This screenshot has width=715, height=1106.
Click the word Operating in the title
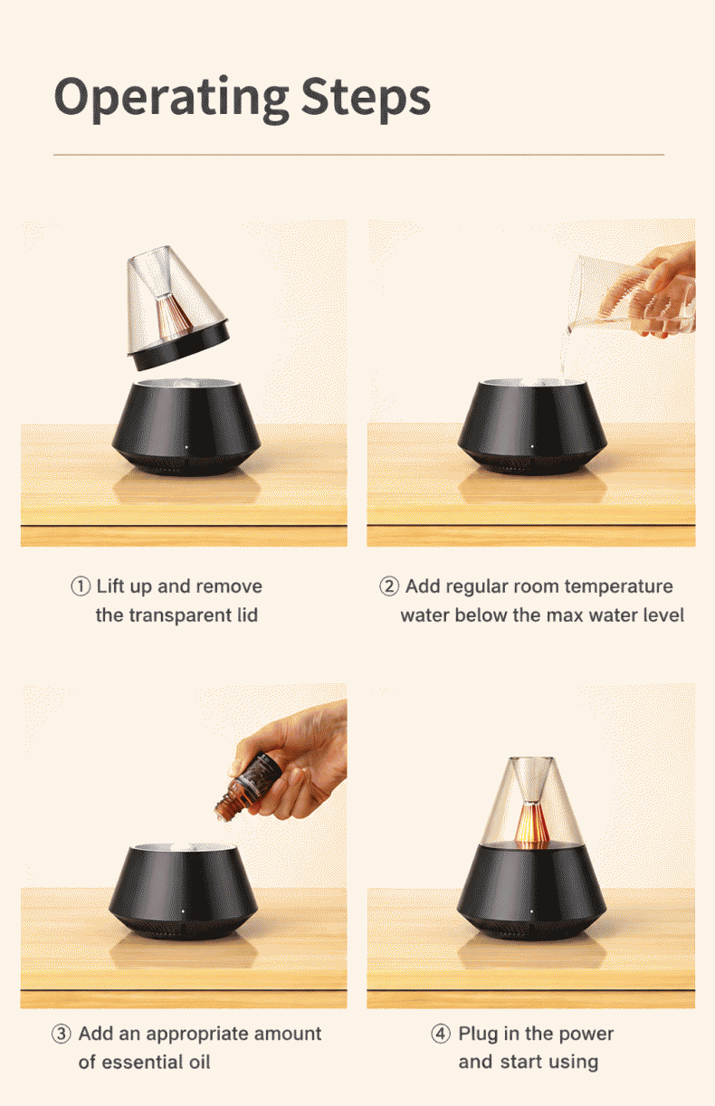click(x=171, y=100)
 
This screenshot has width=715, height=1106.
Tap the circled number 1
click(x=81, y=586)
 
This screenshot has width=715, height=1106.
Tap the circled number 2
click(x=389, y=586)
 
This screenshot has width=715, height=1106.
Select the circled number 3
click(x=62, y=1034)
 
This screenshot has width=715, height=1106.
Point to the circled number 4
click(x=441, y=1034)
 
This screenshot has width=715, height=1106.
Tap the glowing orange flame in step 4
click(x=531, y=824)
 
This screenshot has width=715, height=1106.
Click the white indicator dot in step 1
click(x=186, y=448)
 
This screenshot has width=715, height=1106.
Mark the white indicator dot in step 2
click(x=532, y=447)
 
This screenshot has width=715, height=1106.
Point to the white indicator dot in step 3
click(x=183, y=912)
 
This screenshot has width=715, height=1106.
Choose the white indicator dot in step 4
click(x=532, y=912)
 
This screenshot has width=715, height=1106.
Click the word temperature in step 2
click(x=619, y=587)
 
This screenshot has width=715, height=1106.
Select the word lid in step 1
click(x=247, y=615)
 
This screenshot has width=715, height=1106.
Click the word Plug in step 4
click(x=478, y=1034)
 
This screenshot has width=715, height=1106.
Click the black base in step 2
click(x=532, y=427)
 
